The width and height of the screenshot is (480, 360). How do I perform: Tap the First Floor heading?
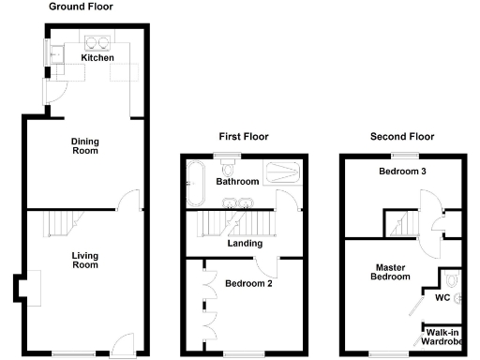243,136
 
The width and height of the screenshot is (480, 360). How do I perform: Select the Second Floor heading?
402,136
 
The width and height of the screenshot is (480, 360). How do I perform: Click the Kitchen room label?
97,58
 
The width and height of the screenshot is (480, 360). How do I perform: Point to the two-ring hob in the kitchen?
97,41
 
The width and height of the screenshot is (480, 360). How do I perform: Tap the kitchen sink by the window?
56,57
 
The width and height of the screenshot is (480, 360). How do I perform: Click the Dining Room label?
85,145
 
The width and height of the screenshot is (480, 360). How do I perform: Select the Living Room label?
85,260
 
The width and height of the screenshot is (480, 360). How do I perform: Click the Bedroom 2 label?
248,283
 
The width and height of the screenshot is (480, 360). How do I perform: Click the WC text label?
442,299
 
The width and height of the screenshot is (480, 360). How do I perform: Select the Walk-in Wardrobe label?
442,336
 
